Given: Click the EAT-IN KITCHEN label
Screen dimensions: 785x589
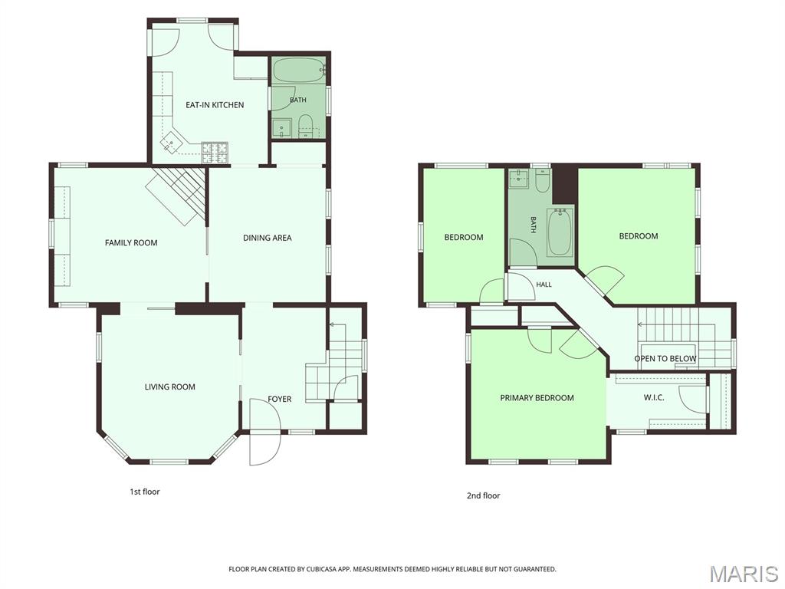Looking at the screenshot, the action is click(x=215, y=104).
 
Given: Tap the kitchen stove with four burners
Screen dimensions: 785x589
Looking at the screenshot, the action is click(x=215, y=153).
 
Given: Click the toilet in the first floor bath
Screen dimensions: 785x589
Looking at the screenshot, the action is click(x=305, y=127).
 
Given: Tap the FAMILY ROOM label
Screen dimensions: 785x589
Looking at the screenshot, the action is click(x=131, y=243).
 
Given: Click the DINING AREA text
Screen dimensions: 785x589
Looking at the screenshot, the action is click(x=268, y=238).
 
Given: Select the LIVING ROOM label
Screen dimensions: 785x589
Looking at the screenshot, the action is click(x=169, y=387).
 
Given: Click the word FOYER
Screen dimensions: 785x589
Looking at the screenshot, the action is click(x=279, y=399).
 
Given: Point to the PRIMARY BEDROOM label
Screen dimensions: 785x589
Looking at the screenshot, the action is click(x=537, y=398).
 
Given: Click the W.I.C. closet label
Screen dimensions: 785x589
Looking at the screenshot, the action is click(x=654, y=398).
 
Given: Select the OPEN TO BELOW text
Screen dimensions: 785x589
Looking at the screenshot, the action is click(x=665, y=359).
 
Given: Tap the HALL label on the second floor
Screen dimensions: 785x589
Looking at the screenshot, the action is click(x=544, y=285).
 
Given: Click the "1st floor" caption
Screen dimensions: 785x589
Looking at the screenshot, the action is click(x=145, y=492).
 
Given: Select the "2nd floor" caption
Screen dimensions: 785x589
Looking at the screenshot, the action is click(x=483, y=496).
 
